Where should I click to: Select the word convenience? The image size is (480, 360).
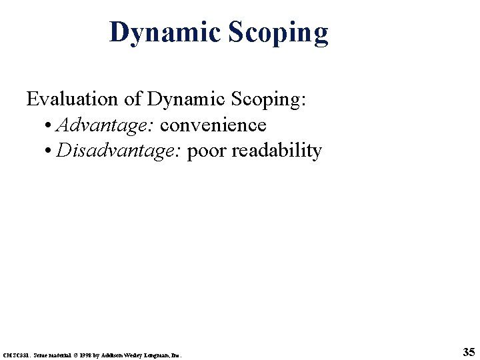coord(213,125)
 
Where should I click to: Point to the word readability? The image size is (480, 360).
coord(277,151)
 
